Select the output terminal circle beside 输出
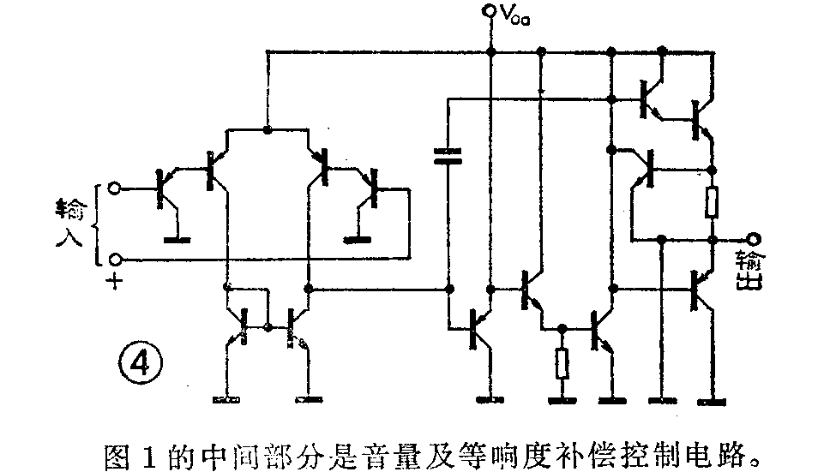pos(753,239)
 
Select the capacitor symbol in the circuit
pos(447,155)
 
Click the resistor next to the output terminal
pos(712,204)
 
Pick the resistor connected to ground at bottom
pos(562,364)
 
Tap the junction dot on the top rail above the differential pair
pos(268,130)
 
